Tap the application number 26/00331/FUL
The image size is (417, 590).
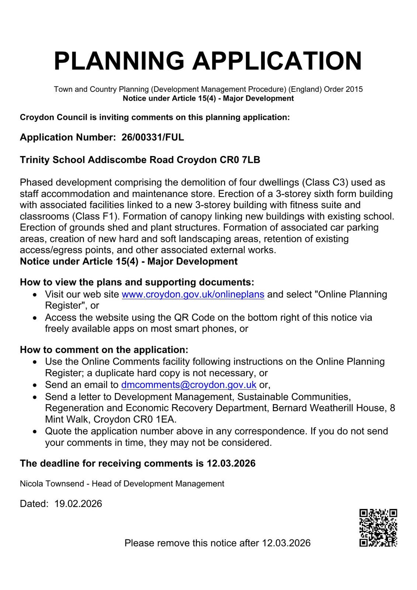[x=153, y=138]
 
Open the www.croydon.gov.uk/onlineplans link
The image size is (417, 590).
[x=193, y=294]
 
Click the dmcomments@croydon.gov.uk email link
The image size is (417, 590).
[x=189, y=385]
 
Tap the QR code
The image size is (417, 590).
[x=378, y=528]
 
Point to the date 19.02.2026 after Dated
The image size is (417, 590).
[x=78, y=504]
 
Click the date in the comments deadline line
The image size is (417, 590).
[x=231, y=464]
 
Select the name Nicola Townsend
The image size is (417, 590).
[x=52, y=484]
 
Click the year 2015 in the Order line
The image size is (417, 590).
[x=354, y=89]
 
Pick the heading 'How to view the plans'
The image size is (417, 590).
[x=137, y=282]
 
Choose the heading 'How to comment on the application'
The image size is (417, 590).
[x=104, y=350]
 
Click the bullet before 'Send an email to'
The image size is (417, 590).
[x=35, y=385]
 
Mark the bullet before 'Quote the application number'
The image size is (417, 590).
[x=35, y=431]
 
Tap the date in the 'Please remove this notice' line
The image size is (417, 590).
[x=286, y=543]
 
